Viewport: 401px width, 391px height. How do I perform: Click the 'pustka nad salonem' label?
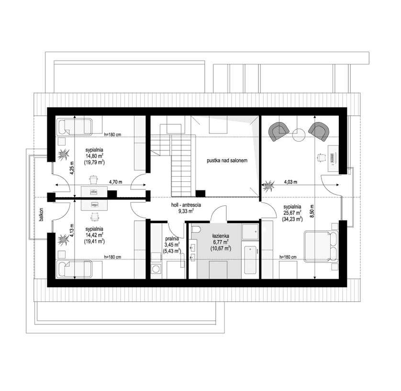point(227,162)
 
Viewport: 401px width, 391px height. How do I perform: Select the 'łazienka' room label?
point(221,236)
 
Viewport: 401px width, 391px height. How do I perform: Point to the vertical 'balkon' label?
point(43,213)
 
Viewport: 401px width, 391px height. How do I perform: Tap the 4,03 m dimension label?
point(290,182)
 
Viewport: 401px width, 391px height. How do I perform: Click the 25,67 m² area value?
point(291,213)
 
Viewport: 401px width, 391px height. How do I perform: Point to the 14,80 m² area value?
point(95,156)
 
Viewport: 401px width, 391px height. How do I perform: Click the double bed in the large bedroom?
point(322,245)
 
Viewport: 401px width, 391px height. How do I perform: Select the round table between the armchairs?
point(300,133)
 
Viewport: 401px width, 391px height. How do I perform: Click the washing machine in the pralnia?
point(156,268)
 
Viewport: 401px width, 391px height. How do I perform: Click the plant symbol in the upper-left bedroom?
point(63,155)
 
